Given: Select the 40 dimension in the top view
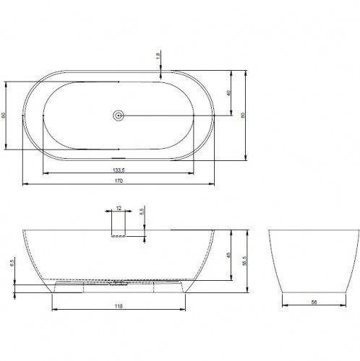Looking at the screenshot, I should (229, 92).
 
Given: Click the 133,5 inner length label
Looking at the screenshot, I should (118, 170).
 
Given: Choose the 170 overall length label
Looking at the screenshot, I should (118, 180).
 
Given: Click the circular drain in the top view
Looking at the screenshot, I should (119, 114).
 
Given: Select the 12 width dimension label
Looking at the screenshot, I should (118, 208).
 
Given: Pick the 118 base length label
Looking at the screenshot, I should (118, 306).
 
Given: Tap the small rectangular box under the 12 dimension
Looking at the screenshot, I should (118, 226).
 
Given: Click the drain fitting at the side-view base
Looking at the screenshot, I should (119, 282).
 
